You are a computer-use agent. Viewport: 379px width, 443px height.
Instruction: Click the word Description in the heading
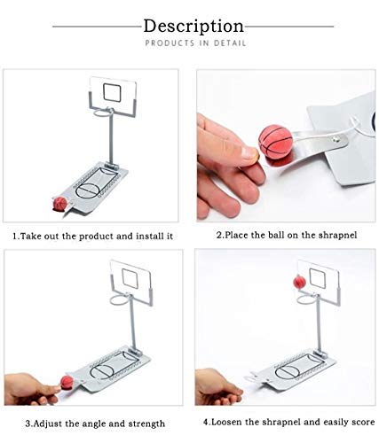tap(193, 26)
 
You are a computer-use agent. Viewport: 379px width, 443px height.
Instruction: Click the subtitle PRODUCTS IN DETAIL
tap(195, 43)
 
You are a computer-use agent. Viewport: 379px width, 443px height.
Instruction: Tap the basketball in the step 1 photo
tap(59, 205)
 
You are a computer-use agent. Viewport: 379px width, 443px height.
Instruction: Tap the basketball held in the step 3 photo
tap(66, 384)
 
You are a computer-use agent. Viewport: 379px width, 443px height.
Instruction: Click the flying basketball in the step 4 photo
tap(299, 282)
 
